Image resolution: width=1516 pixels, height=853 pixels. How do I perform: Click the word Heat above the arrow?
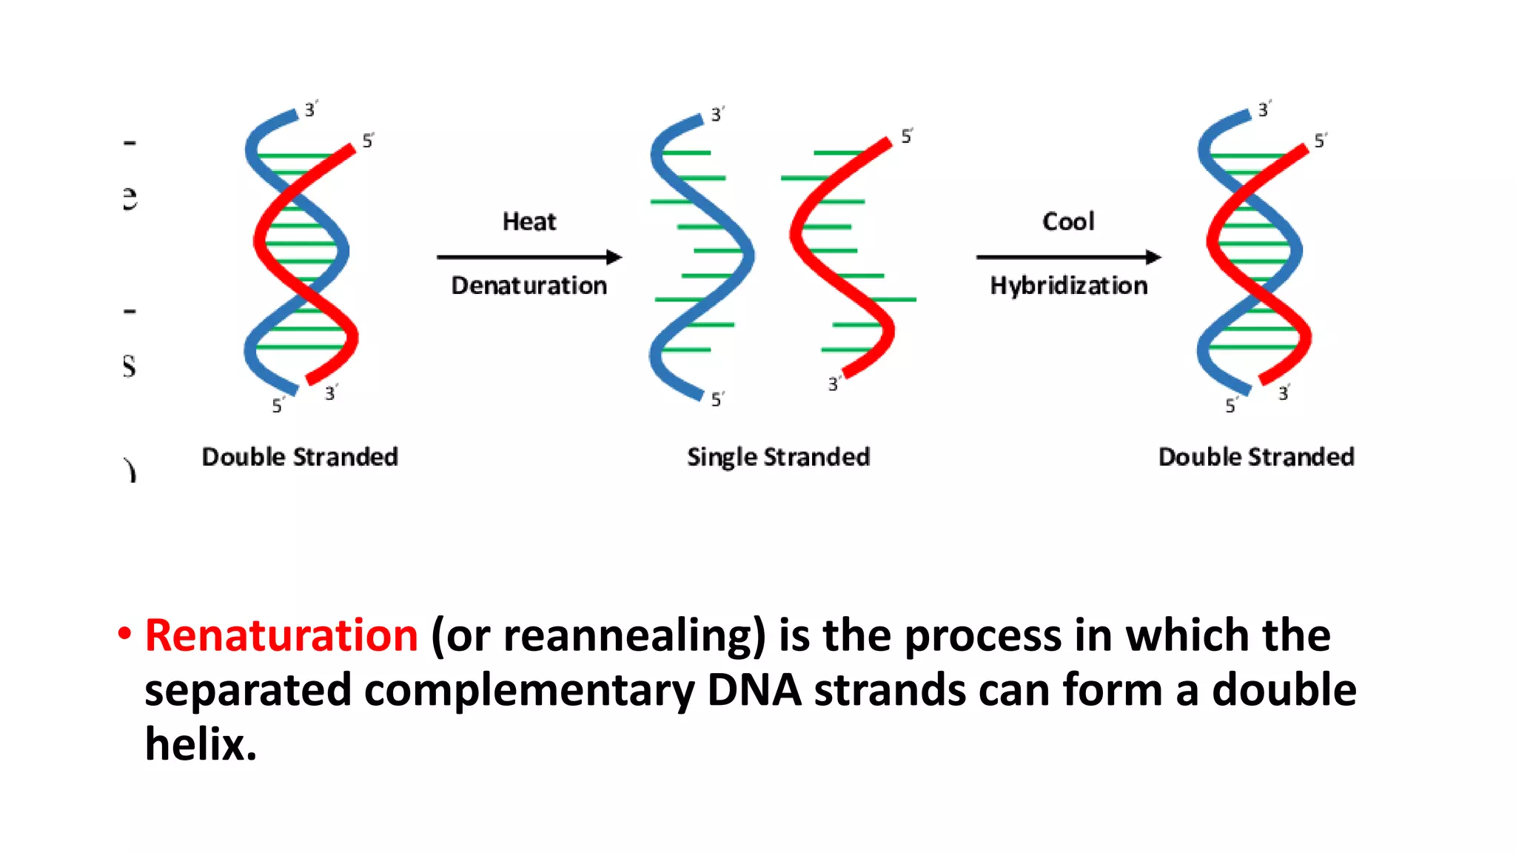click(529, 221)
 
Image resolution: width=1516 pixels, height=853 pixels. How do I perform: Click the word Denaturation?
click(529, 286)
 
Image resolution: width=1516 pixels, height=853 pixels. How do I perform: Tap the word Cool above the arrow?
click(1067, 221)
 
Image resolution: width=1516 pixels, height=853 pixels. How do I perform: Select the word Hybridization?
click(1068, 286)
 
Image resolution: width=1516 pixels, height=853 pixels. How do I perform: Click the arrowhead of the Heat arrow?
click(614, 257)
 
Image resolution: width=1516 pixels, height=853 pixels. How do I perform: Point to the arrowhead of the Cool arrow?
click(1153, 257)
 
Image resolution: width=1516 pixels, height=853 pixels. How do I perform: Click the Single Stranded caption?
click(778, 457)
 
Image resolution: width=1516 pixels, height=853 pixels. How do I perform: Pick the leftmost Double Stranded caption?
click(300, 457)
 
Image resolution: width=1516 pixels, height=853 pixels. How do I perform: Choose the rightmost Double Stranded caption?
click(1256, 457)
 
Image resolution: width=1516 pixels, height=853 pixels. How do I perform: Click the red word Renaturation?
click(281, 635)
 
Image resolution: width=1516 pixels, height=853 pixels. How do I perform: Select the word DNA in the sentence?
click(754, 690)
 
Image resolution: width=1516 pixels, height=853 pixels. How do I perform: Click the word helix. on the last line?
click(200, 744)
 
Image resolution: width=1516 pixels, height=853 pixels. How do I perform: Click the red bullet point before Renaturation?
click(124, 634)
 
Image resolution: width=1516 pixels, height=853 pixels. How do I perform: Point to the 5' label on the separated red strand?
click(907, 136)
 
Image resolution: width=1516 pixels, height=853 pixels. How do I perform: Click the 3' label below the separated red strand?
click(834, 384)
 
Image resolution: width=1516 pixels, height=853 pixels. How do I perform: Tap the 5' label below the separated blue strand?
click(717, 400)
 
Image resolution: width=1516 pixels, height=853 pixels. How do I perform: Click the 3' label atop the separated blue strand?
click(717, 115)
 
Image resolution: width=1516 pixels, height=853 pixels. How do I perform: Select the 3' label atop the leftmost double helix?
click(311, 110)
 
